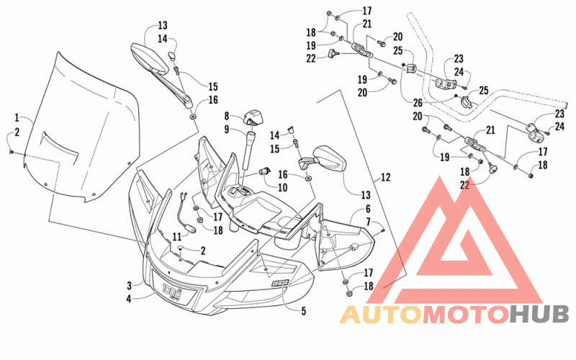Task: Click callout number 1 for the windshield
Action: tap(17, 117)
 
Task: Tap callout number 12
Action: tap(385, 177)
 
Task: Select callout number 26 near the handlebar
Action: tap(418, 103)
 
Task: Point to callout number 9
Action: tap(227, 130)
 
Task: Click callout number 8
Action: tap(227, 116)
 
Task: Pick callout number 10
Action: tap(282, 187)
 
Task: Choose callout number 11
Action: tap(177, 236)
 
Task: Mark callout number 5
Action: tap(303, 311)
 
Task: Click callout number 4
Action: tap(129, 299)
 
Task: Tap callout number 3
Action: tap(130, 285)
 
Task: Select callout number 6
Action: tap(368, 209)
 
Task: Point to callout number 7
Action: tap(368, 222)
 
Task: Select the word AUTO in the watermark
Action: tap(381, 315)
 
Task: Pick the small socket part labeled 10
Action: tap(264, 171)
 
